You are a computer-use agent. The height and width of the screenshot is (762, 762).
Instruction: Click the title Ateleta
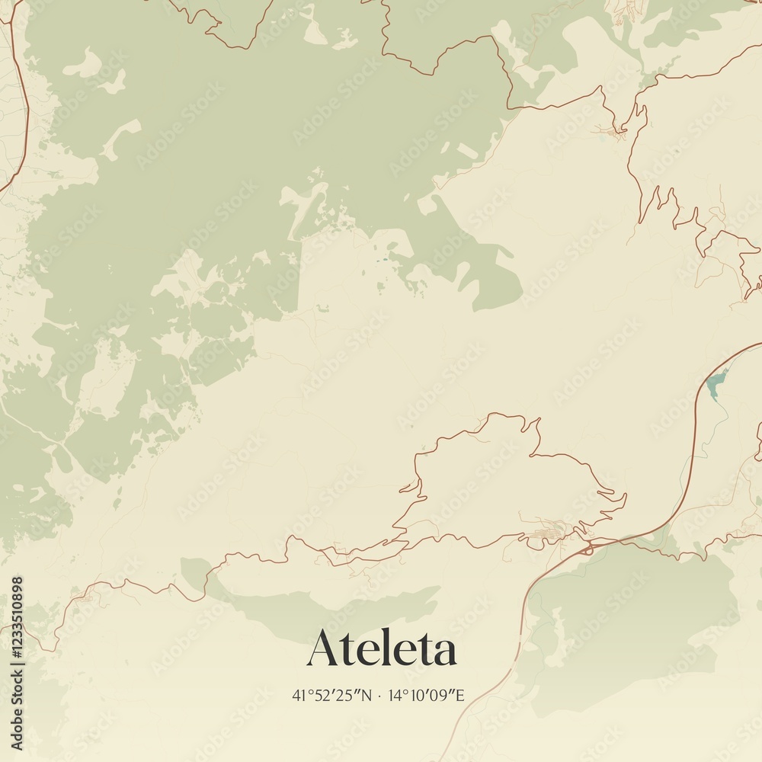coord(382,649)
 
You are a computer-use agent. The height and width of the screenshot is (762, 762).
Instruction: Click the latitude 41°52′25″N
coord(332,695)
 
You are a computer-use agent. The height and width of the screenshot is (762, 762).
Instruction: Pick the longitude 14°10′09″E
coord(427,695)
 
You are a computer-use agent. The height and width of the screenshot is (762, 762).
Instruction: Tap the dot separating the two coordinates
coord(379,696)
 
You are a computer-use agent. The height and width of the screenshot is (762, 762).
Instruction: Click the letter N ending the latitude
coord(367,695)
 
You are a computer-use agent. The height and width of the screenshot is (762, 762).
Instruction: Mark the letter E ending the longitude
coord(459,695)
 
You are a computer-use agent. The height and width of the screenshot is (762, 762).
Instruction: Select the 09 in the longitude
coord(444,695)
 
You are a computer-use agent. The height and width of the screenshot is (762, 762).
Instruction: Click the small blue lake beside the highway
coord(714,385)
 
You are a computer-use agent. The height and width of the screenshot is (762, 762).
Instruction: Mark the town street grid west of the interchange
coord(549,533)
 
